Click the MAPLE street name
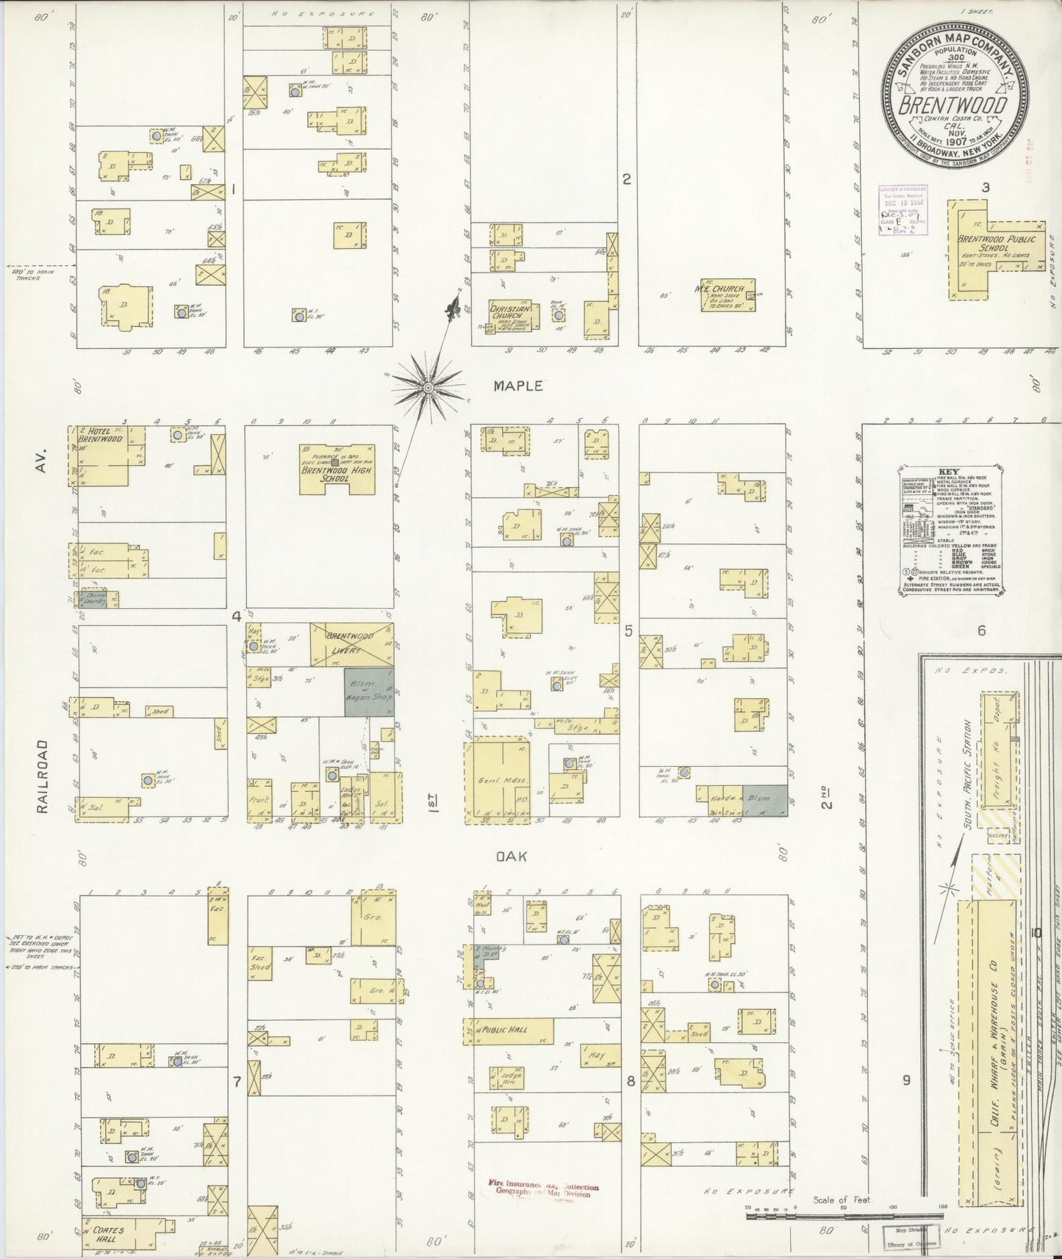pos(518,386)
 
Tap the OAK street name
pos(512,856)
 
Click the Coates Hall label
pos(108,1235)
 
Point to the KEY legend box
pos(952,530)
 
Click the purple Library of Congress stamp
pos(902,209)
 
